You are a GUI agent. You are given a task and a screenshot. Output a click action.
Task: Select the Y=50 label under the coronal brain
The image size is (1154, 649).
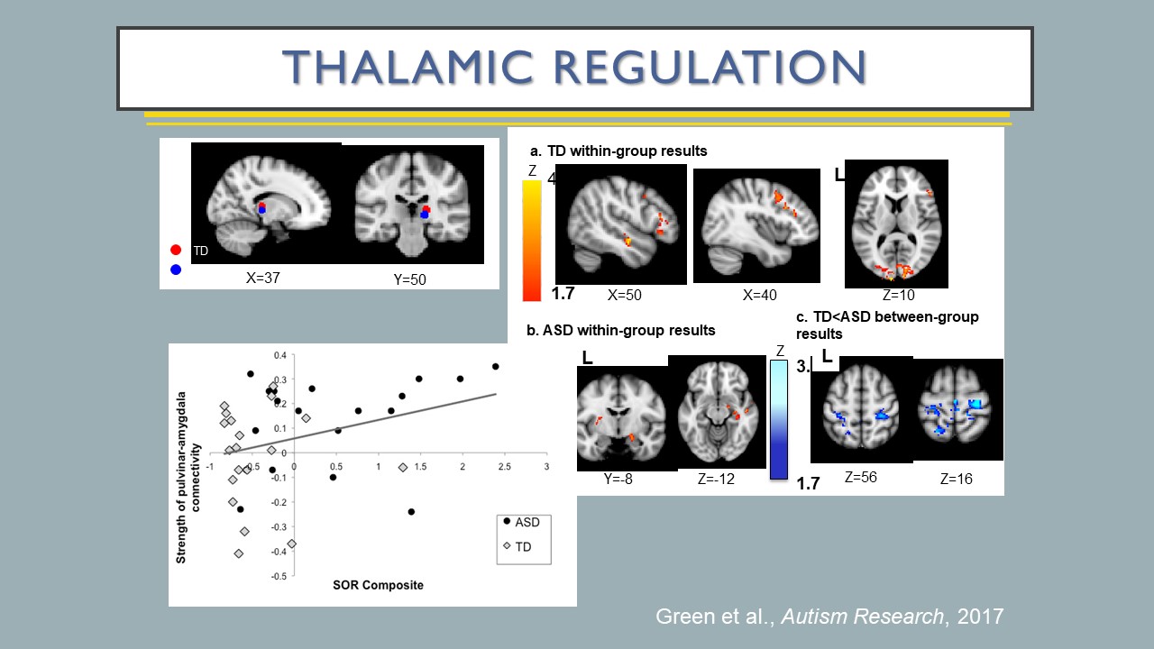tap(409, 279)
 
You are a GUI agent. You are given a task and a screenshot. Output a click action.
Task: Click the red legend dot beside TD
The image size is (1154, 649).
tap(176, 251)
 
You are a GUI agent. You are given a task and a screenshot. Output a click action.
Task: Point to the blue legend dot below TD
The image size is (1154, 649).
tap(176, 269)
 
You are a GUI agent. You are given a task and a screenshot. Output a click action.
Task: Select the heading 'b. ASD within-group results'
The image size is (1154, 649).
tap(621, 330)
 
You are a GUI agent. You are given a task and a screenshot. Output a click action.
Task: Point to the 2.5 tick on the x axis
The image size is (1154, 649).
tap(505, 465)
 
